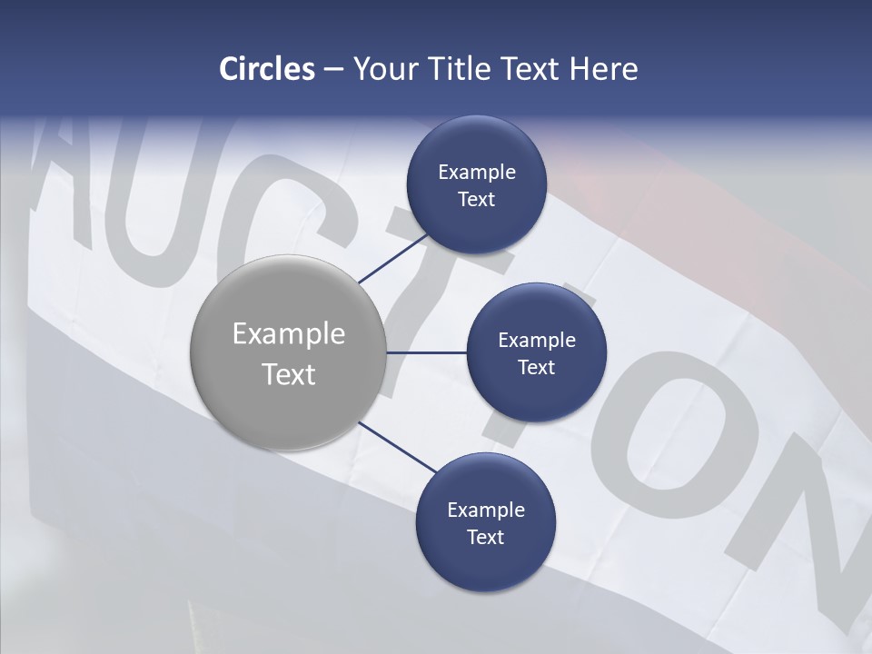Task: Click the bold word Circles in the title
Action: (x=266, y=69)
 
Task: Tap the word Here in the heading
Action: (x=603, y=69)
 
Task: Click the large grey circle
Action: (x=288, y=352)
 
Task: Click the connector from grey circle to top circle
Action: (x=394, y=258)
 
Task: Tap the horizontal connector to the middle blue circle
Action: (x=426, y=352)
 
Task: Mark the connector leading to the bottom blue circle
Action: (x=397, y=447)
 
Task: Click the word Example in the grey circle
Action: (x=288, y=334)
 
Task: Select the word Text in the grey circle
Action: (x=288, y=374)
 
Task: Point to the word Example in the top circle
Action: (x=476, y=172)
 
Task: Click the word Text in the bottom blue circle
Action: (x=485, y=538)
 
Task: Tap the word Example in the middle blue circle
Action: (x=536, y=340)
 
